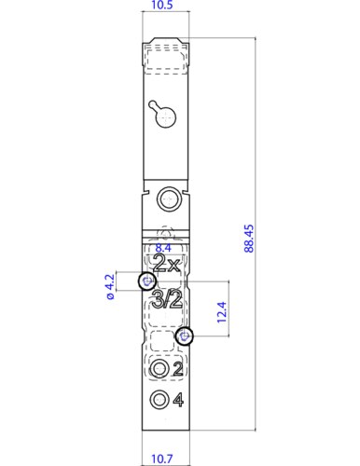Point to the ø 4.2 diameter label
coord(108,286)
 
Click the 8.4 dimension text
coord(163,249)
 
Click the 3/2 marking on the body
coord(166,299)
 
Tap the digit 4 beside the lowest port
coord(177,401)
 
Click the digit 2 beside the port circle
coord(177,369)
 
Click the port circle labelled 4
coord(159,401)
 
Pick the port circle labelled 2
coord(159,369)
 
